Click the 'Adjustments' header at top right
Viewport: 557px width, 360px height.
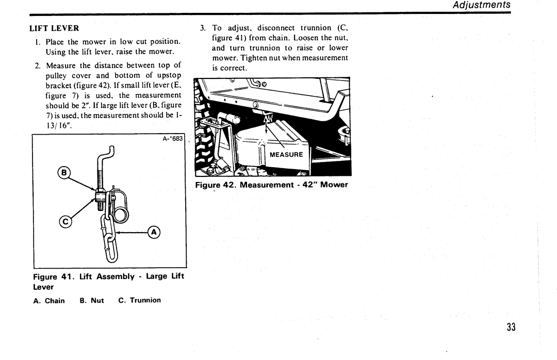coord(481,5)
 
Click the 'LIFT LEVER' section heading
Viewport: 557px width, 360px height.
coord(54,28)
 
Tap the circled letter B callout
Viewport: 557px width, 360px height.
coord(64,173)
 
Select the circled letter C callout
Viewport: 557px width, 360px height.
coord(65,222)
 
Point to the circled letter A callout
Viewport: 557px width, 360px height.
coord(154,233)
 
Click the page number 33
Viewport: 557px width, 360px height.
coord(511,327)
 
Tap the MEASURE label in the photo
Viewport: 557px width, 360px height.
coord(286,155)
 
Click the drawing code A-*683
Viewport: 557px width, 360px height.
coord(173,139)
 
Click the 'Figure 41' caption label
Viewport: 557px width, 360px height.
coord(53,277)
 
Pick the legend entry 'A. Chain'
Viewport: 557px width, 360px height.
coord(49,301)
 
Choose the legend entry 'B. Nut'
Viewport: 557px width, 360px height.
coord(92,300)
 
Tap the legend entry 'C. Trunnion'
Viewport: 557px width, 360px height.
coord(140,300)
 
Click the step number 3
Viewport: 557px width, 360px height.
coord(203,28)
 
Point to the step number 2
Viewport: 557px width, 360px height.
coord(37,66)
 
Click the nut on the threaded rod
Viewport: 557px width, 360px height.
coord(100,195)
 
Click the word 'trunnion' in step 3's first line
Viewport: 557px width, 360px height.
coord(316,28)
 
